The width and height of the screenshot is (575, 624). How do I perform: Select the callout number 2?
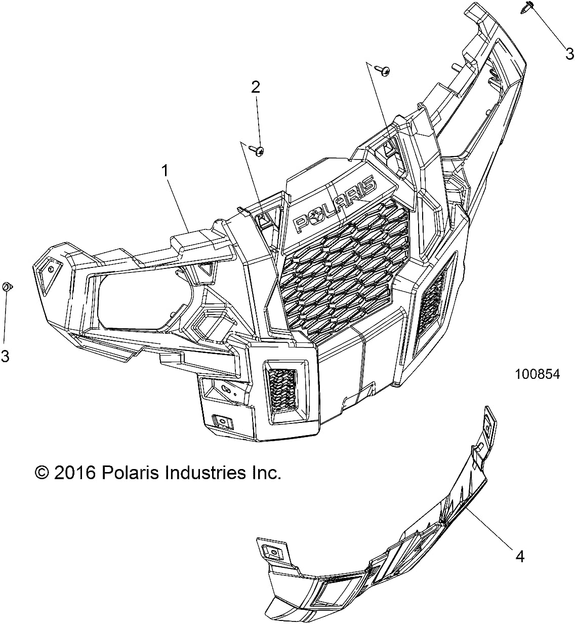coord(256,87)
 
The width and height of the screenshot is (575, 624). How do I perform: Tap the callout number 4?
coord(519,557)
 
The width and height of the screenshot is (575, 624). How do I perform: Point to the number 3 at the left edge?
coord(5,357)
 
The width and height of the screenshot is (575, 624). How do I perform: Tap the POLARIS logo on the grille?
coord(335,205)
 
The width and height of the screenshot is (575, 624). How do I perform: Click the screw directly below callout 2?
coord(260,150)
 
